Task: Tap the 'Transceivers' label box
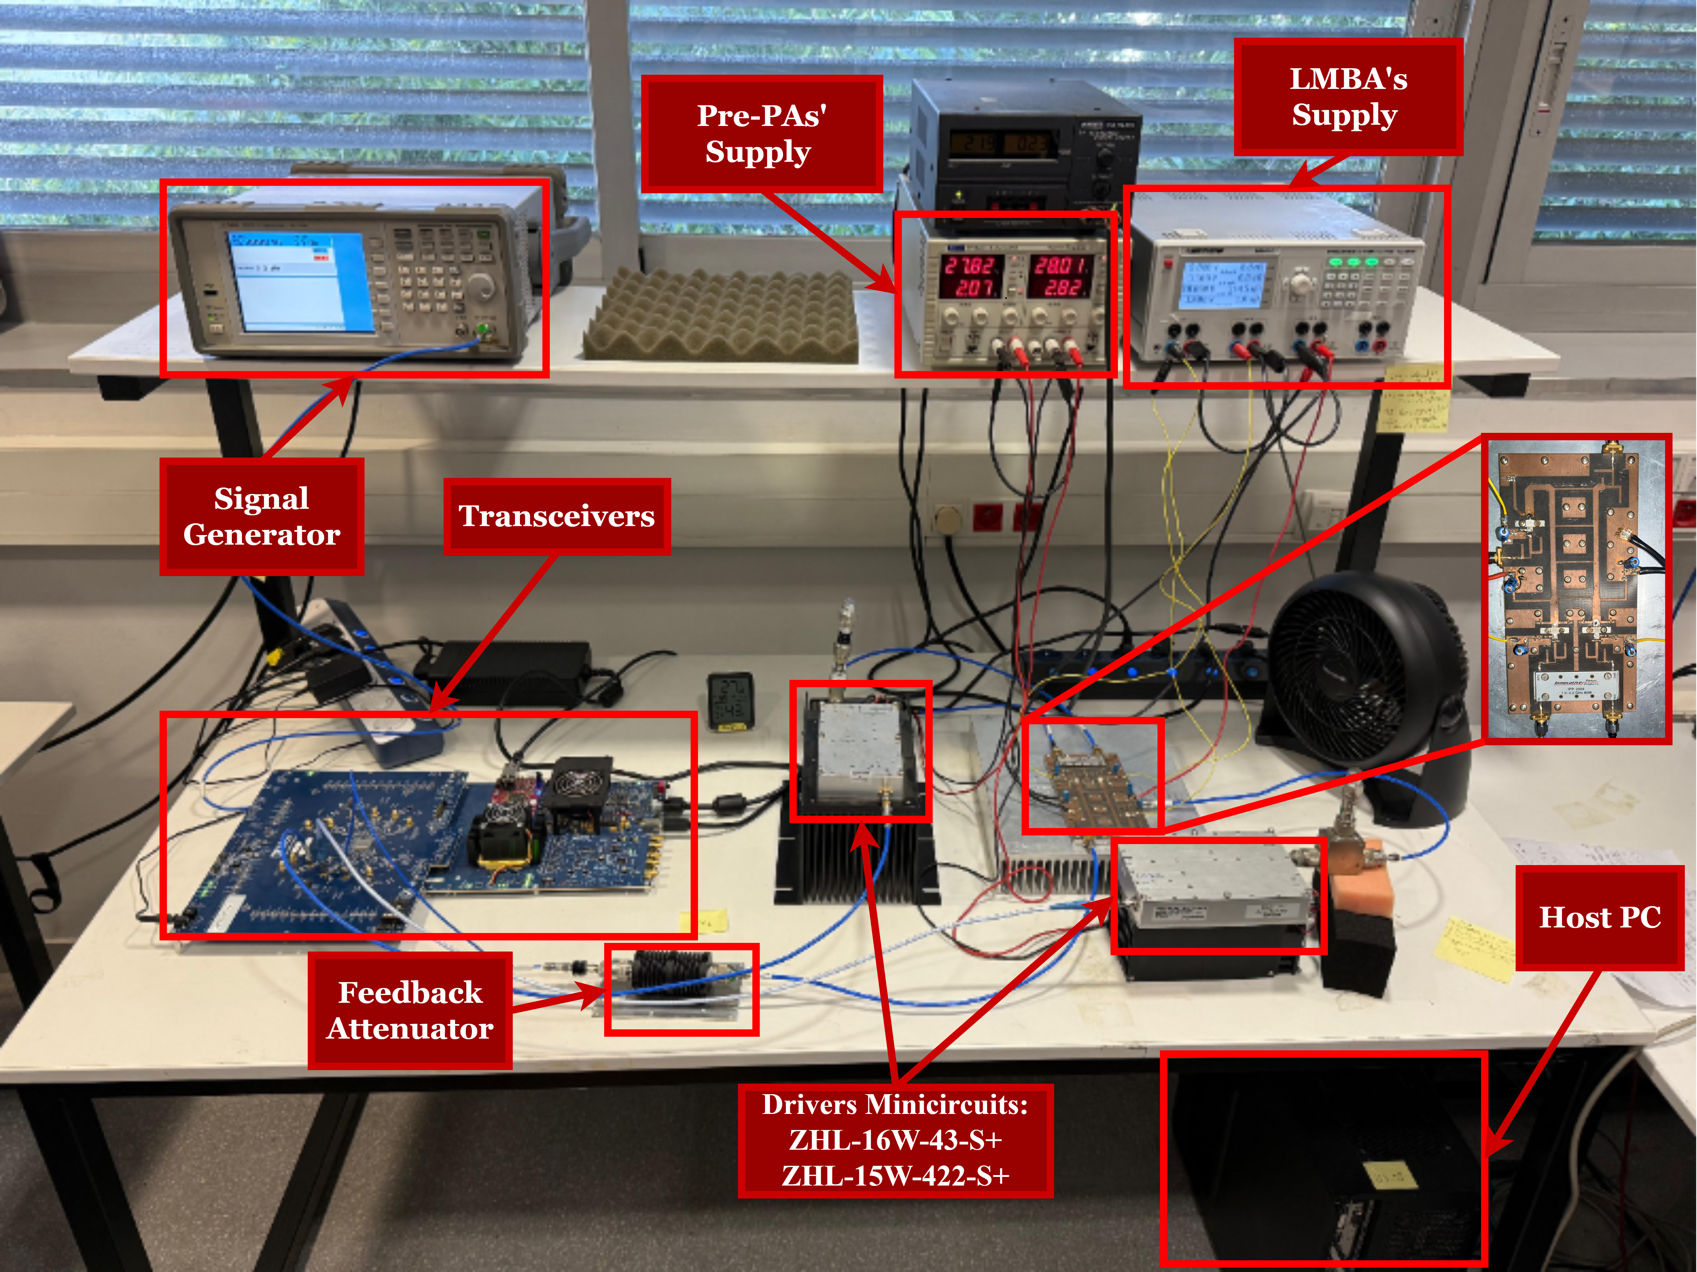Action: click(557, 516)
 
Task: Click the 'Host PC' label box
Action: click(1599, 918)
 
